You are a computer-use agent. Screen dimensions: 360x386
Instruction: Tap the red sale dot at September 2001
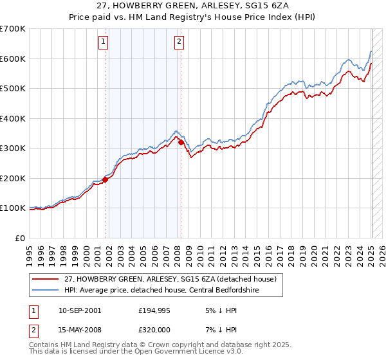[x=105, y=180]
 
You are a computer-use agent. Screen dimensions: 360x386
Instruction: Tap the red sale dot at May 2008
[x=181, y=142]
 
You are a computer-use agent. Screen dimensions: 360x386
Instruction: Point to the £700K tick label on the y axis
[x=12, y=29]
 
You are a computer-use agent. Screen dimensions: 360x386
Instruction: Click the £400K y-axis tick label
[x=12, y=118]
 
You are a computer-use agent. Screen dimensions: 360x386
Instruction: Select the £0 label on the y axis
[x=21, y=238]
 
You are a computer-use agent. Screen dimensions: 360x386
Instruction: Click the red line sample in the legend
[x=44, y=279]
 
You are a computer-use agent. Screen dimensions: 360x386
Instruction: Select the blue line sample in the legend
[x=44, y=291]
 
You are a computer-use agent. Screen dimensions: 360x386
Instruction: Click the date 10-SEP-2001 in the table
[x=79, y=310]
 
